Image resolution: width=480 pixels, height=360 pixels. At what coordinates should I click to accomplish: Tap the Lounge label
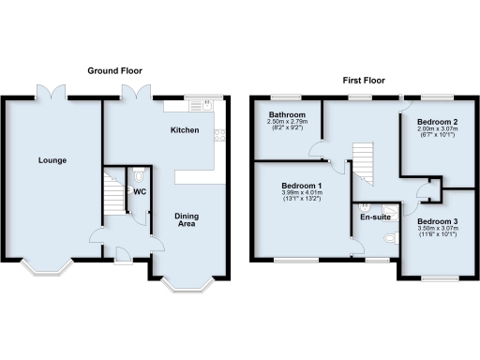[x=52, y=160]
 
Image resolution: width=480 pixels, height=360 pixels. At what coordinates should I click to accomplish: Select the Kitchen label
[x=184, y=129]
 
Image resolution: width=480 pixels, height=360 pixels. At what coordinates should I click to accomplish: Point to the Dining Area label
[x=187, y=221]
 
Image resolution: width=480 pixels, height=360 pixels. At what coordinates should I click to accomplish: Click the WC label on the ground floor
[x=140, y=191]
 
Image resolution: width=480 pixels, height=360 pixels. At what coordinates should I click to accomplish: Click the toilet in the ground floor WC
[x=139, y=175]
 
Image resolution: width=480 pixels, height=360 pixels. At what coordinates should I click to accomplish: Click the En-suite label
[x=376, y=217]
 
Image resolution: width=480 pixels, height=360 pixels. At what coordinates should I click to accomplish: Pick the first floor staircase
[x=362, y=165]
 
